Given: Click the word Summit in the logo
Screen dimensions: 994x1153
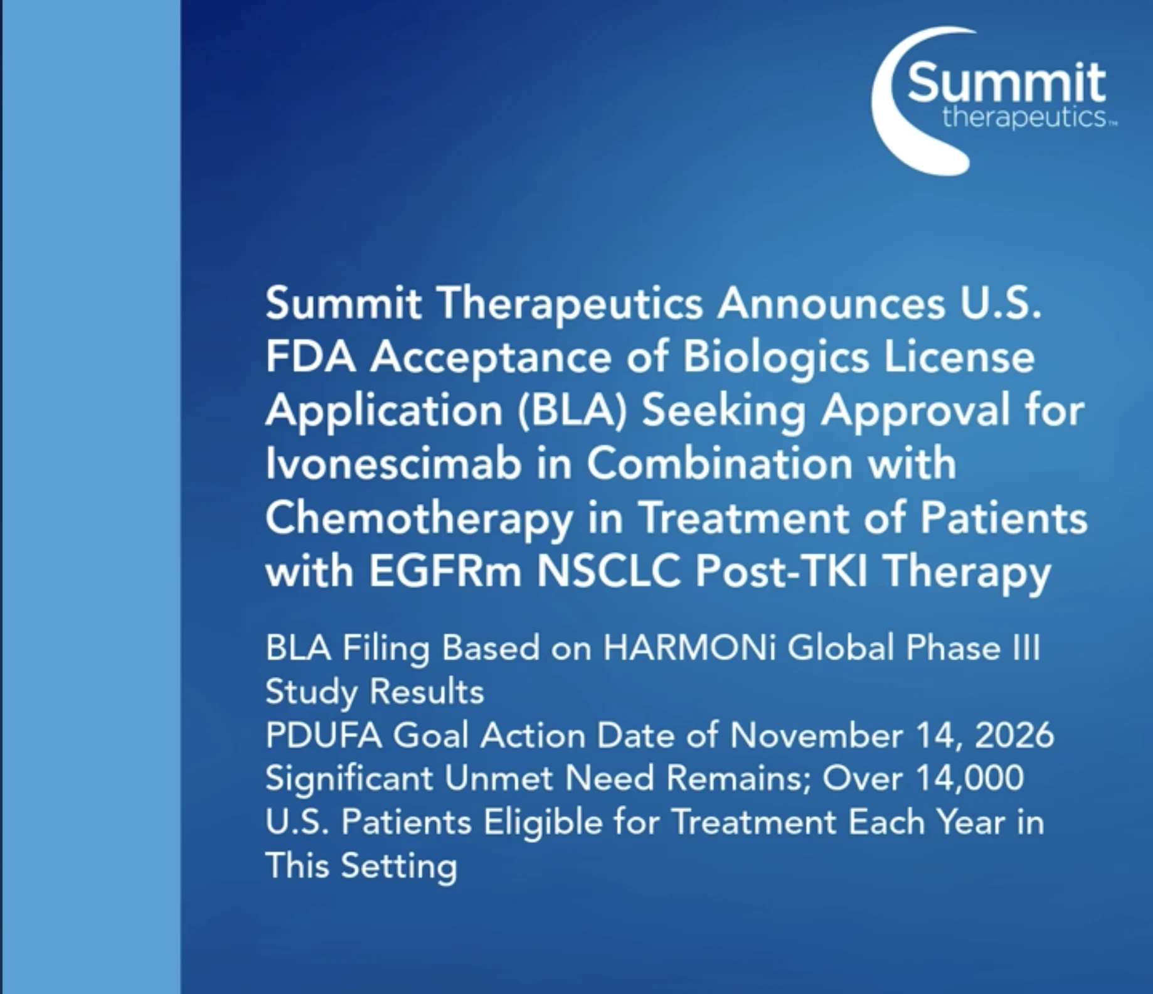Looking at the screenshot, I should pyautogui.click(x=1006, y=82).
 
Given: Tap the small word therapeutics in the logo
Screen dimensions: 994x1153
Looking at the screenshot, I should pyautogui.click(x=1024, y=117).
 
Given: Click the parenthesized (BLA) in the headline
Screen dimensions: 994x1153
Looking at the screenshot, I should pyautogui.click(x=572, y=411).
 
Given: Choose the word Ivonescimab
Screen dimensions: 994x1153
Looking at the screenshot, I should pyautogui.click(x=393, y=464).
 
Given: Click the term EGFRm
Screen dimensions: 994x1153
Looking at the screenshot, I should pyautogui.click(x=445, y=572).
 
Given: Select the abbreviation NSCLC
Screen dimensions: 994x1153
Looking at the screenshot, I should pyautogui.click(x=608, y=572).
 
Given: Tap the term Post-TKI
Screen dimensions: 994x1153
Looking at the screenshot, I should pyautogui.click(x=782, y=572).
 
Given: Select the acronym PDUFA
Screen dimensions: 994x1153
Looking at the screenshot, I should pyautogui.click(x=324, y=735).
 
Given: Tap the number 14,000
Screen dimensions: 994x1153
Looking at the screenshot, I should pyautogui.click(x=969, y=778).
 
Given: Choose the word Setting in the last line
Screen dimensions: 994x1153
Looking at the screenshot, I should pyautogui.click(x=399, y=867).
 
